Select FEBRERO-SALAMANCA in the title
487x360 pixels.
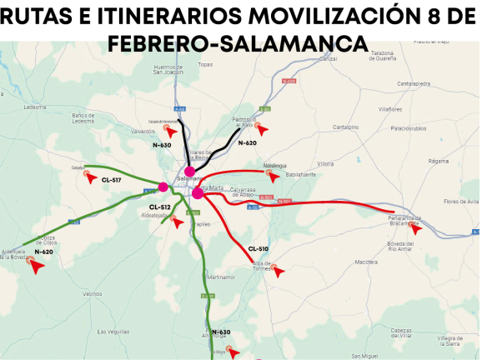click(x=239, y=42)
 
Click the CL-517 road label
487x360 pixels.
click(x=111, y=180)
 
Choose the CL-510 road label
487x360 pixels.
click(x=259, y=249)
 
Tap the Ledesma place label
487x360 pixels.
click(x=36, y=107)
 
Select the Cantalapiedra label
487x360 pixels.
click(x=414, y=83)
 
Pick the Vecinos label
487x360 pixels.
click(x=92, y=293)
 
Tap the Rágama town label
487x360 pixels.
click(x=438, y=161)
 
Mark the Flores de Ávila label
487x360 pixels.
click(x=461, y=202)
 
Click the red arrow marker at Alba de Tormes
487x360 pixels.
click(x=279, y=271)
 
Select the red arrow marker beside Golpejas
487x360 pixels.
click(x=91, y=177)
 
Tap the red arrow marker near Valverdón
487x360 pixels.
click(x=170, y=132)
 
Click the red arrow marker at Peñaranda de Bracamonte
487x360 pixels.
click(x=415, y=227)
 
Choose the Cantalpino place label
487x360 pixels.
click(x=345, y=127)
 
